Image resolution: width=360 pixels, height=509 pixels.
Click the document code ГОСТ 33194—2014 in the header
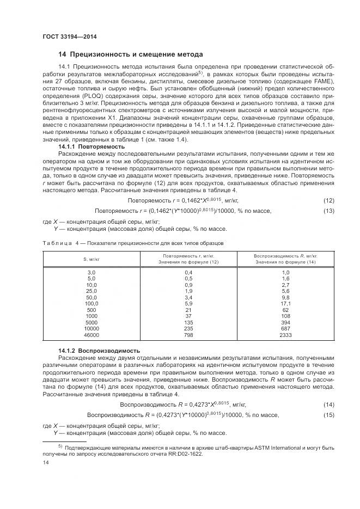65,36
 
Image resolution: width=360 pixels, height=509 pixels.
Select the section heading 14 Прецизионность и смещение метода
131,54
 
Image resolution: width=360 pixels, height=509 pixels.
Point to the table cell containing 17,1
285,303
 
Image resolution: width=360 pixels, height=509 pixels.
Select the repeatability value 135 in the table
188,323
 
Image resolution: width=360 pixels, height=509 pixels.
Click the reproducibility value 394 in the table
285,323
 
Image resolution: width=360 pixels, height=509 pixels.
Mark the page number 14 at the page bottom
46,463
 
